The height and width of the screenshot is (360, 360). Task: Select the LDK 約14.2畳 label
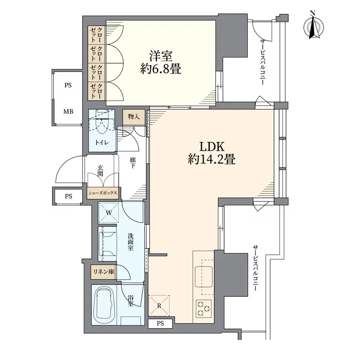tap(212, 153)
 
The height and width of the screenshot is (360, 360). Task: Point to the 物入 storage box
tap(134, 117)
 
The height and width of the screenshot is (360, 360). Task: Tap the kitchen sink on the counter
tap(203, 276)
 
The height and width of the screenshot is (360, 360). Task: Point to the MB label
tap(68, 111)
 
